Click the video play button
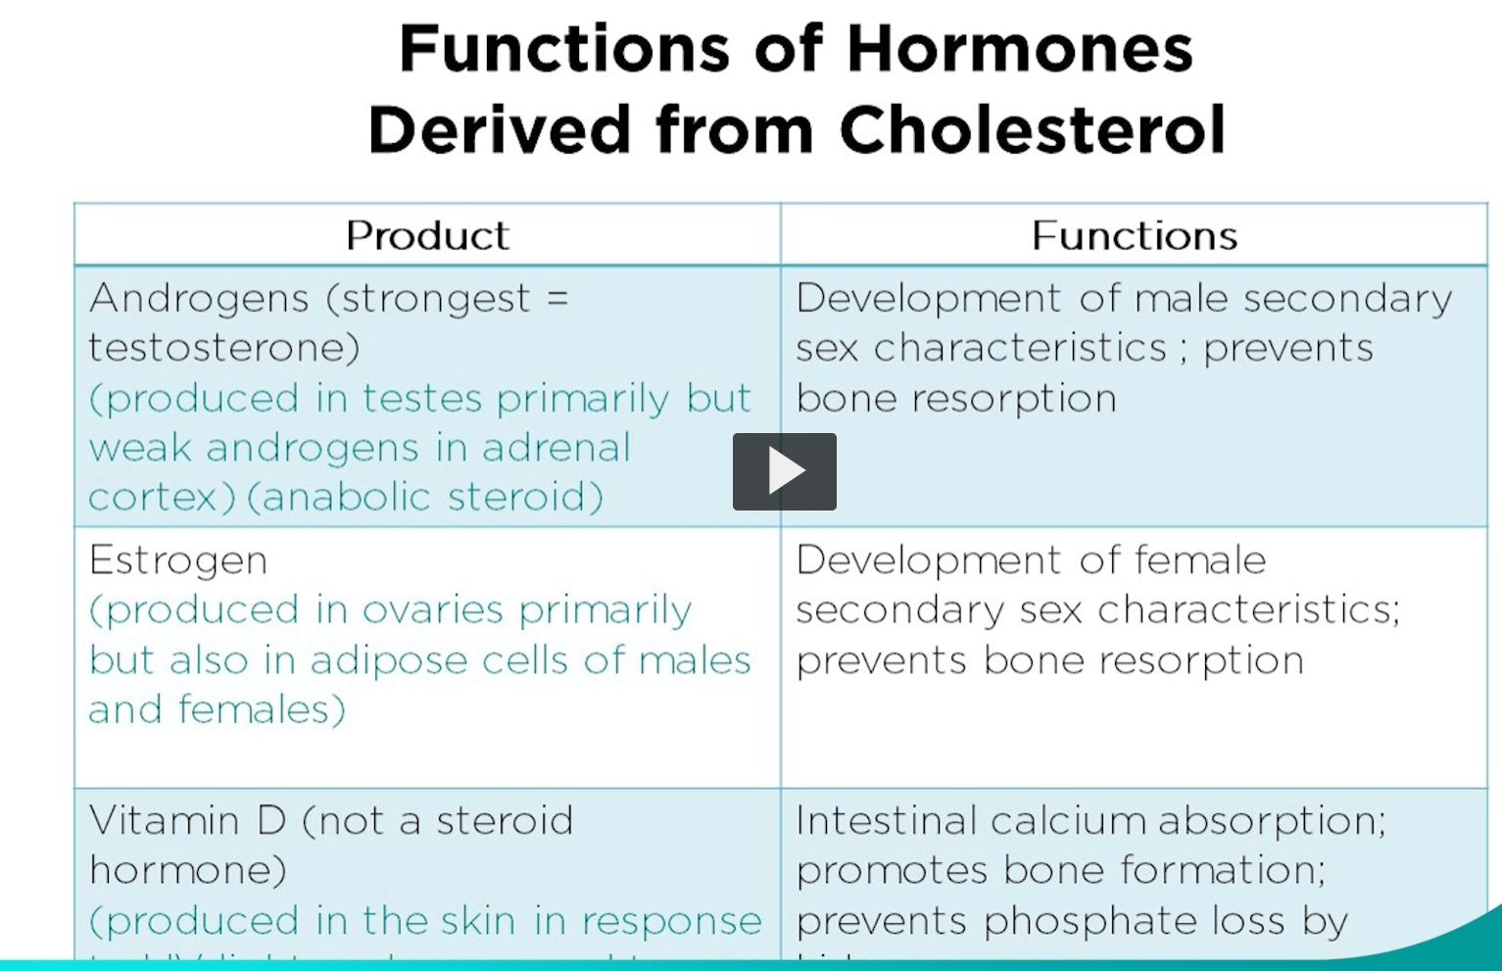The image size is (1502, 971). (x=784, y=471)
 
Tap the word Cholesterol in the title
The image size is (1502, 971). (x=1032, y=129)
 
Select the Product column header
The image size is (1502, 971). (x=427, y=235)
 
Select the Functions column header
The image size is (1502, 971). (x=1134, y=235)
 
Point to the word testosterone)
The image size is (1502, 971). (x=224, y=348)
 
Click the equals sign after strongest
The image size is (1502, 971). (x=557, y=298)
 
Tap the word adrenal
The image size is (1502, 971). (x=556, y=448)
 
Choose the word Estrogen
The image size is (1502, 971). (x=178, y=561)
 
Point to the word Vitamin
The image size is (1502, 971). (x=164, y=820)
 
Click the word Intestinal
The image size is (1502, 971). (x=887, y=820)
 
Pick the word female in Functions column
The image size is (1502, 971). (x=1200, y=560)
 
